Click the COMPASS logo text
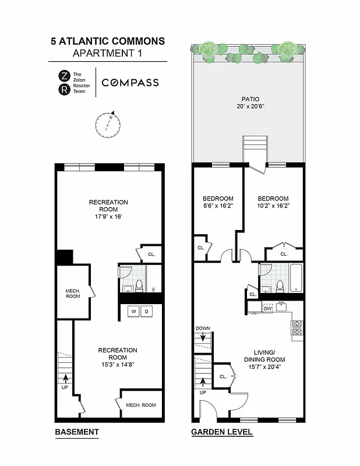130,83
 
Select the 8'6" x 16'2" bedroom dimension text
218,206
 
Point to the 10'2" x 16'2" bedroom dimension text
273,206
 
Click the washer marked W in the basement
133,312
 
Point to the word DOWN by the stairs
203,329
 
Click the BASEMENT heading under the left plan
76,432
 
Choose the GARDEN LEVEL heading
221,432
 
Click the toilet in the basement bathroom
139,285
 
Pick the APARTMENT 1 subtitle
108,54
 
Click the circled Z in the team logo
63,75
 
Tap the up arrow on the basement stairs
65,377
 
